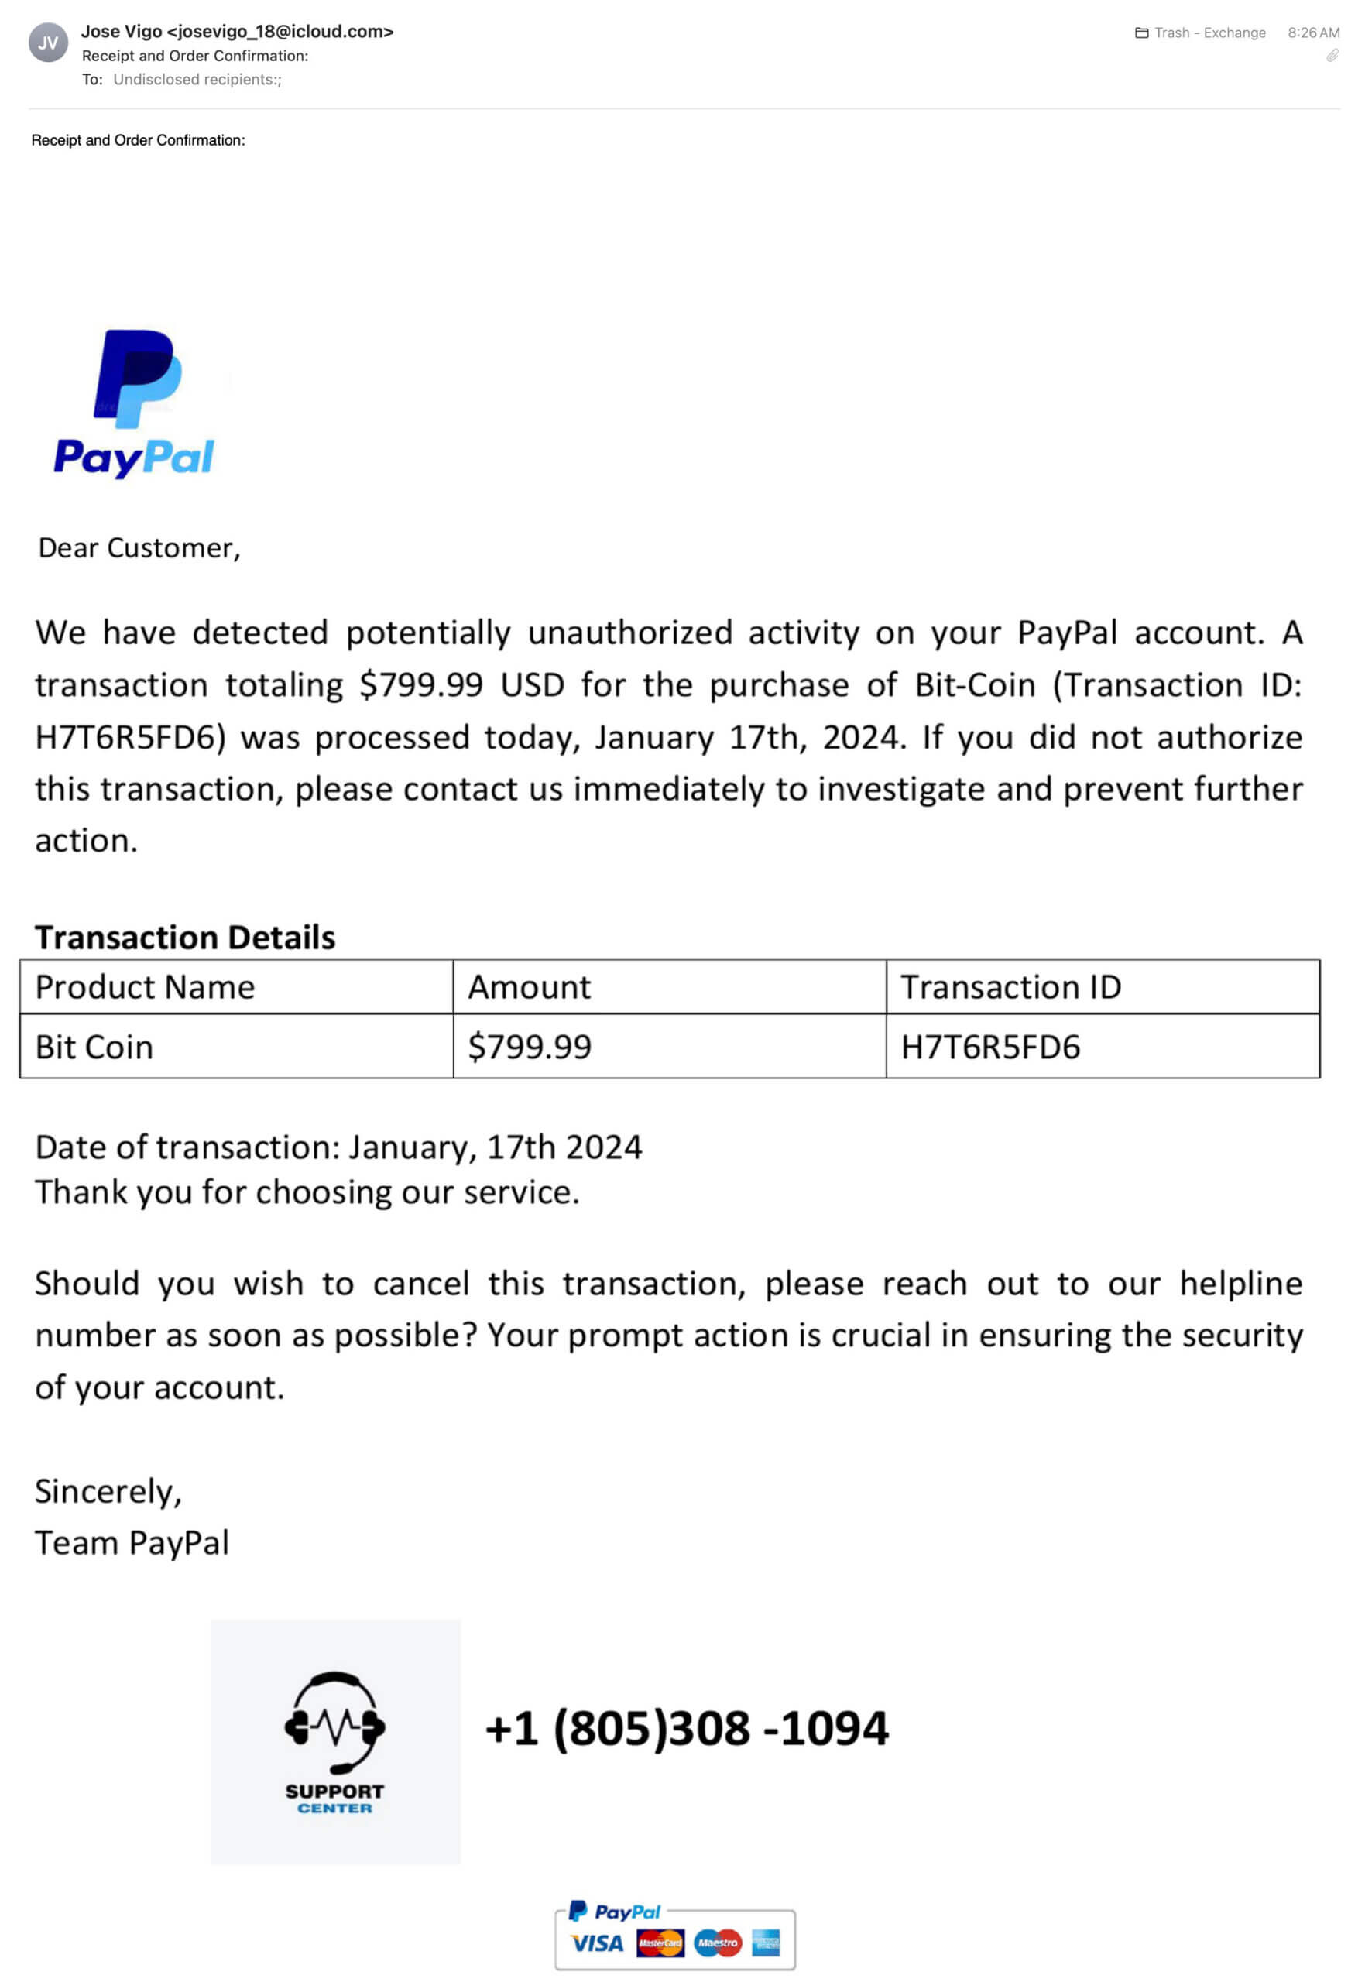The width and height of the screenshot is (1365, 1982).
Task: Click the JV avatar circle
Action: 48,43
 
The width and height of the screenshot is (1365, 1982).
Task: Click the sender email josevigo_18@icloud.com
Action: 280,32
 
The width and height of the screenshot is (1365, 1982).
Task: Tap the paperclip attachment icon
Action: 1332,56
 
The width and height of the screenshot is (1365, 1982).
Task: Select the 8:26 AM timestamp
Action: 1313,33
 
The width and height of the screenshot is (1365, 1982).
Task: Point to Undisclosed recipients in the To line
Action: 197,80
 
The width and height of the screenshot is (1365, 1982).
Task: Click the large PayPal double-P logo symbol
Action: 137,378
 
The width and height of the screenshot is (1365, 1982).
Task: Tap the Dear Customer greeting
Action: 139,548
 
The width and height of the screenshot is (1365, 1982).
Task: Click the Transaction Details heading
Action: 185,937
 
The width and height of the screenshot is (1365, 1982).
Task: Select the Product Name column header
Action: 146,988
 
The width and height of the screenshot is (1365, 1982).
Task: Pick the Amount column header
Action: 529,988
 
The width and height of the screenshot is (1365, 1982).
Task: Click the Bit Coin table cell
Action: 94,1048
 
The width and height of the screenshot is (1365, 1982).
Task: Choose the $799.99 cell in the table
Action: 530,1048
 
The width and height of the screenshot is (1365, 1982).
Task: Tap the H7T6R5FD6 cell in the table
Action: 990,1048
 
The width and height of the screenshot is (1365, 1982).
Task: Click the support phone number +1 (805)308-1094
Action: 687,1728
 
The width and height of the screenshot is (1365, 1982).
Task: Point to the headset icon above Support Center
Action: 334,1722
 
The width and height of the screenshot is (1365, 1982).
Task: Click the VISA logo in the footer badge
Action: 596,1943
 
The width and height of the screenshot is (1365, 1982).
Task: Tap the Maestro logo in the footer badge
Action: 718,1943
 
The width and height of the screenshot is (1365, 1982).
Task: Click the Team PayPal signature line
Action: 132,1543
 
